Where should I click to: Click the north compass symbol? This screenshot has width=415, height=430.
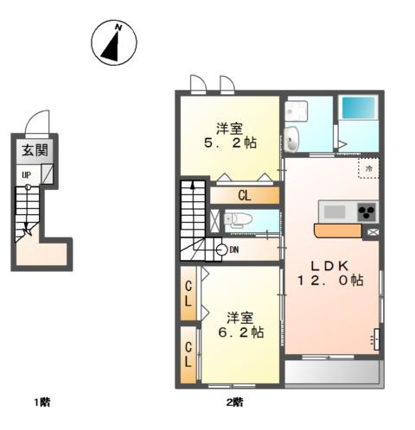(114, 42)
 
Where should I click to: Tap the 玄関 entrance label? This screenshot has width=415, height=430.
(35, 150)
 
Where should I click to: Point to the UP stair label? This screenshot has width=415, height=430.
(27, 174)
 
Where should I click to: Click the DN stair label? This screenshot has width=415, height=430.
(234, 250)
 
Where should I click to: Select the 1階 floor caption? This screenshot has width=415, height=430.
(42, 402)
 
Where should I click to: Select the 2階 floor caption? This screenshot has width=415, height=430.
(234, 402)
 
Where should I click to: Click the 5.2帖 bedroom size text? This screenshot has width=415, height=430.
(230, 142)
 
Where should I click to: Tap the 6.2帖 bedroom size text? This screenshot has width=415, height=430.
(241, 332)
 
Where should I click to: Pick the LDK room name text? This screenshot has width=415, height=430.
(330, 266)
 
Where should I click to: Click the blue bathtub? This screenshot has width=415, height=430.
(358, 107)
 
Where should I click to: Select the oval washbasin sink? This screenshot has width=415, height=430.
(292, 139)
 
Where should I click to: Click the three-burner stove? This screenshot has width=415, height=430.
(367, 212)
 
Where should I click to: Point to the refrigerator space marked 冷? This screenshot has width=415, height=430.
(368, 168)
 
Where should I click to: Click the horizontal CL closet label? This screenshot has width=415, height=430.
(245, 196)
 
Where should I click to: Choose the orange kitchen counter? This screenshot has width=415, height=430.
(337, 231)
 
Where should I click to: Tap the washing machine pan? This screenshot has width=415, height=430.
(297, 111)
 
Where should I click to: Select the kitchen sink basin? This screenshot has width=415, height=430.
(335, 212)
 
